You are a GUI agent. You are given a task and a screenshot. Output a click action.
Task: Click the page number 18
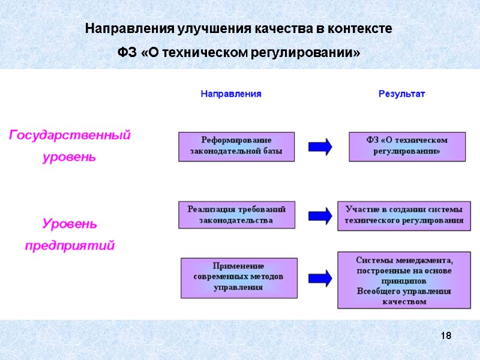pyautogui.click(x=446, y=335)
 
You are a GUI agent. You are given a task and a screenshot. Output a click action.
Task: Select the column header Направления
pyautogui.click(x=231, y=94)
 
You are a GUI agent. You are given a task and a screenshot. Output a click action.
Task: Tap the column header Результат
pyautogui.click(x=401, y=94)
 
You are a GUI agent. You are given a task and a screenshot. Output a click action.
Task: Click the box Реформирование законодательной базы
pyautogui.click(x=236, y=146)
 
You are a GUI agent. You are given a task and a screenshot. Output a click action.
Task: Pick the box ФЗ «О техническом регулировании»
pyautogui.click(x=407, y=146)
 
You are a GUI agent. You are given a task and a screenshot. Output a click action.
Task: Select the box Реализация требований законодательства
pyautogui.click(x=236, y=215)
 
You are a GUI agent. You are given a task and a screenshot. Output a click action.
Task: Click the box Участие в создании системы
pyautogui.click(x=404, y=215)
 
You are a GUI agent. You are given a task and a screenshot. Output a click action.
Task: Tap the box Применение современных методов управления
pyautogui.click(x=238, y=277)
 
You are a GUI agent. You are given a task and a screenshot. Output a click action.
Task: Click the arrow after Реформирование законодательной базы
pyautogui.click(x=320, y=147)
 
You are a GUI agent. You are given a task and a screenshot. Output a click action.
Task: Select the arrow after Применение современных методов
pyautogui.click(x=320, y=277)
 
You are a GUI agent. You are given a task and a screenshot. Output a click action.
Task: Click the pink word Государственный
pyautogui.click(x=70, y=136)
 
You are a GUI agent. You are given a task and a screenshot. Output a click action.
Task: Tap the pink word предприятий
pyautogui.click(x=70, y=246)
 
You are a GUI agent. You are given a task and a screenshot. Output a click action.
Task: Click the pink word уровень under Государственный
pyautogui.click(x=70, y=158)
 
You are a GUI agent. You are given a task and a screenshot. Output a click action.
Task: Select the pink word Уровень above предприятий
pyautogui.click(x=70, y=224)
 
